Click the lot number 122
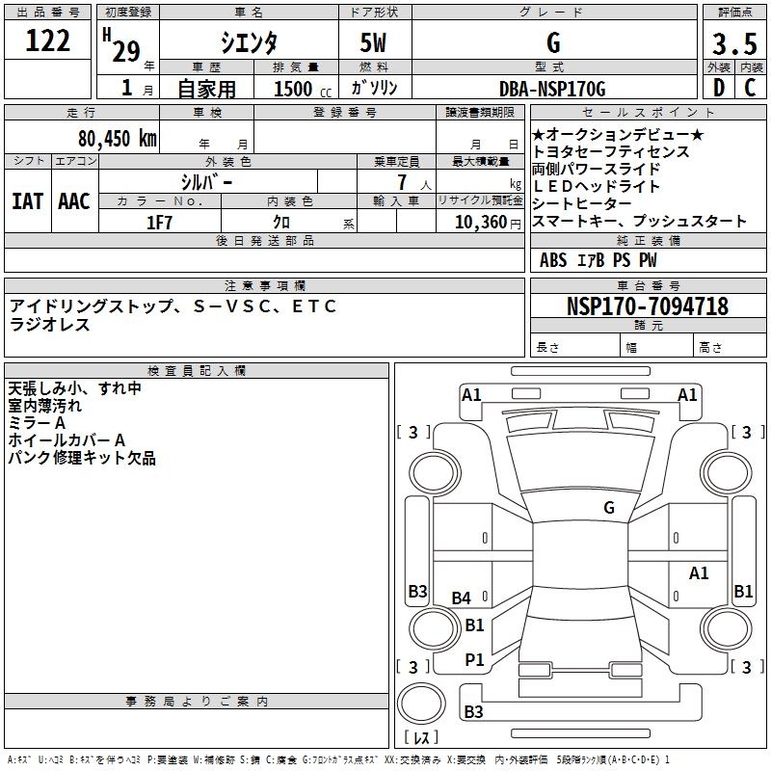(x=48, y=41)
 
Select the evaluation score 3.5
(x=733, y=45)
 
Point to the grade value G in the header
(x=553, y=43)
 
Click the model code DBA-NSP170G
(x=553, y=90)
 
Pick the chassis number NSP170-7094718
(x=648, y=306)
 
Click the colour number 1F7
(x=159, y=222)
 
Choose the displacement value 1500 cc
(x=301, y=90)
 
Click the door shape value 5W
(x=374, y=43)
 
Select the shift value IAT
(x=27, y=201)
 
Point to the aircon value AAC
(x=74, y=201)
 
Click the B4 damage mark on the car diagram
(x=462, y=598)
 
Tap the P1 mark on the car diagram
(x=474, y=659)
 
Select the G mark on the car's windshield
(x=609, y=508)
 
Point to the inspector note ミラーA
(x=37, y=424)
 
